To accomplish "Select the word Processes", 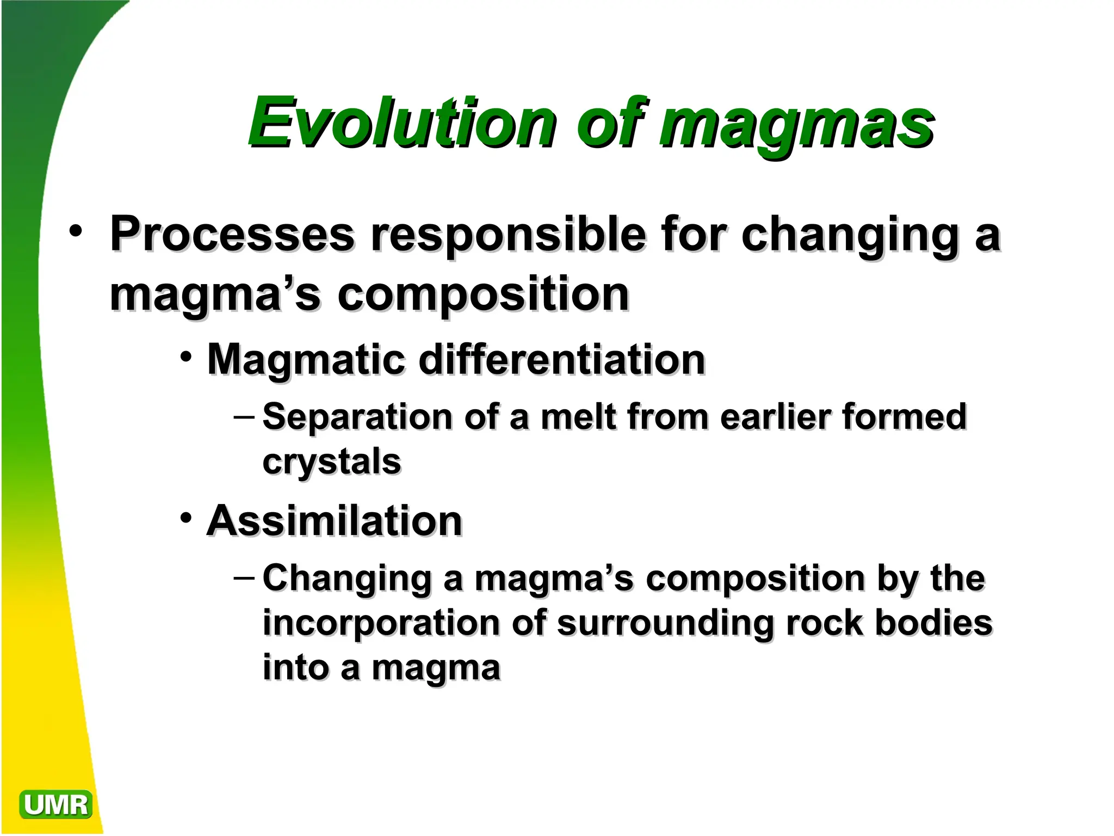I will (x=232, y=235).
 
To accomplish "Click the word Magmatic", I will (x=306, y=360).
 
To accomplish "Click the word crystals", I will (x=332, y=463).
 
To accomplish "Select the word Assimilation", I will (x=335, y=521).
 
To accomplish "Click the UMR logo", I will (x=55, y=804).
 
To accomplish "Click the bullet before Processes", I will (x=76, y=231).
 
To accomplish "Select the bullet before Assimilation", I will (x=186, y=517).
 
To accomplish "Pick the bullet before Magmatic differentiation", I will (x=186, y=357).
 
